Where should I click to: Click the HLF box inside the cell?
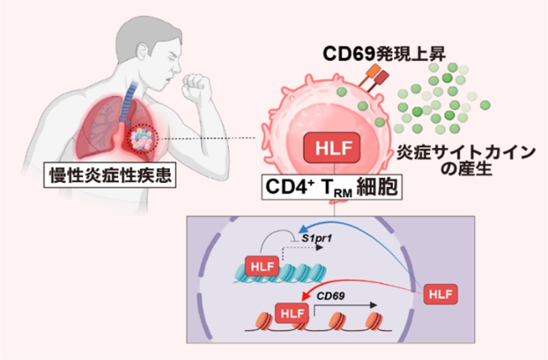[x=332, y=149]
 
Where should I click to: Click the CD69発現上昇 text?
[x=384, y=54]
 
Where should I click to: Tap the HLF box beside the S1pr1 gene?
[x=262, y=266]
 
